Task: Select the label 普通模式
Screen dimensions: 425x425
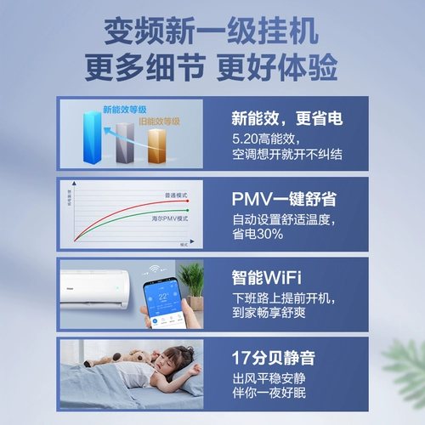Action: pyautogui.click(x=175, y=195)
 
